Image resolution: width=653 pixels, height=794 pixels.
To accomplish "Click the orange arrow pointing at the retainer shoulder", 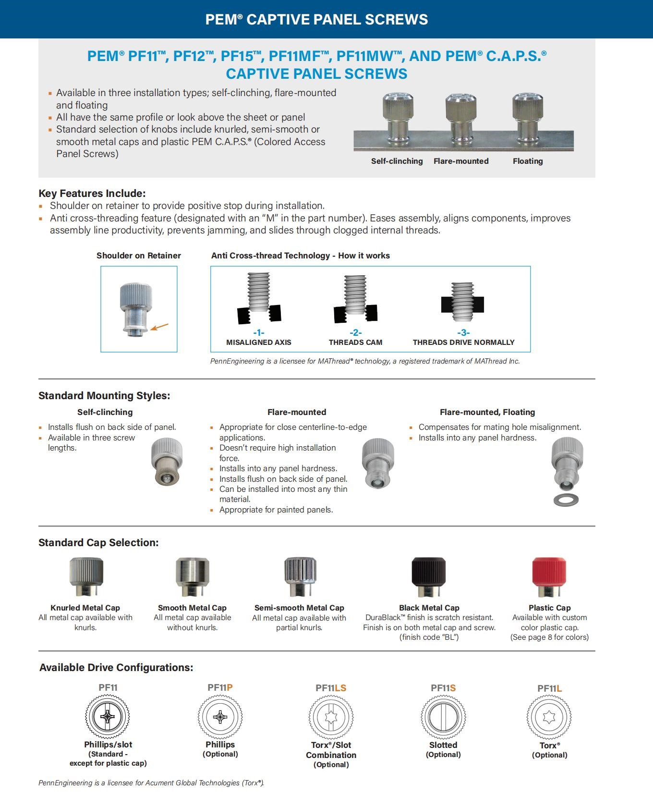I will pos(160,327).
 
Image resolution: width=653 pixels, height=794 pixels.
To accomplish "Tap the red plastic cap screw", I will pos(549,576).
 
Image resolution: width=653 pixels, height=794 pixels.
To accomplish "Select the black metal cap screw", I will pos(429,576).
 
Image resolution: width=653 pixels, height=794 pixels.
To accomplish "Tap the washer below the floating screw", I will pos(566,500).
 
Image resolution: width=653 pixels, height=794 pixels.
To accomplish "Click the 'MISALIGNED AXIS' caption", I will pos(259,342).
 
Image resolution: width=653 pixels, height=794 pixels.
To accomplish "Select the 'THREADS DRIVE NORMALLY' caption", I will pos(463,342).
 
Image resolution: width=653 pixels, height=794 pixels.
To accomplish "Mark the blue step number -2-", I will pos(355,332).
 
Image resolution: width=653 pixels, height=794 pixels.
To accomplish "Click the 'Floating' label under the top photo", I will pos(528,161).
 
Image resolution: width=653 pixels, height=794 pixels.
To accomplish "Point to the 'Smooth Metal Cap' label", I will pos(192,608).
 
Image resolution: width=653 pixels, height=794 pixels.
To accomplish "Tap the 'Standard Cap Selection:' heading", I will pos(98,543).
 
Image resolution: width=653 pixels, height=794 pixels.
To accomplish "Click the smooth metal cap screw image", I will pos(192,576).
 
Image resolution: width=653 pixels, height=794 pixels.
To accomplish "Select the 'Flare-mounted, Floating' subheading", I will pos(487,412).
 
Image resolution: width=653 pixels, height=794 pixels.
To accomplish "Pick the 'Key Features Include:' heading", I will pos(92,194).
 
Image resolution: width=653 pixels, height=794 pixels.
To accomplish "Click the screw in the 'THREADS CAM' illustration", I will pos(355,295).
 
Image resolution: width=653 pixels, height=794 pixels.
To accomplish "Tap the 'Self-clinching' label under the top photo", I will pos(397,161).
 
